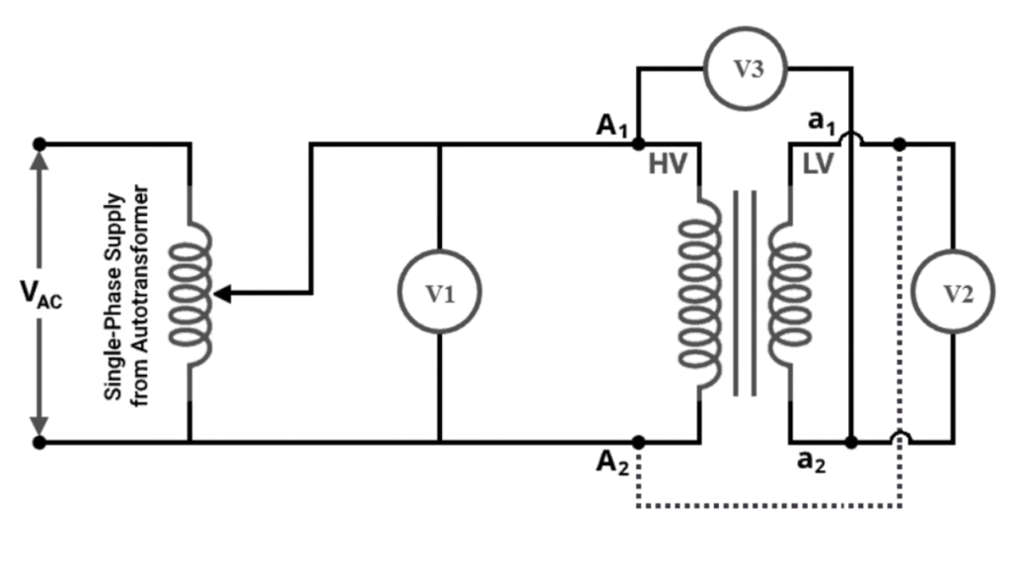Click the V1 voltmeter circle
(x=439, y=293)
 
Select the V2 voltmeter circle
(x=951, y=293)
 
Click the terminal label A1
(x=613, y=125)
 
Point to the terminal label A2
(x=613, y=462)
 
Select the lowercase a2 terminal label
(x=811, y=462)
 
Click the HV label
(x=667, y=166)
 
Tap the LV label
(x=818, y=166)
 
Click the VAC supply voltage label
(x=40, y=295)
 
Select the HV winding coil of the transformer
(x=698, y=293)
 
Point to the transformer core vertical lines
(x=745, y=293)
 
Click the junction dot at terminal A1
(x=639, y=144)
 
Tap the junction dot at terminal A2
(x=639, y=442)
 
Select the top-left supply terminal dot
(x=39, y=144)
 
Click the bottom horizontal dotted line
(x=769, y=506)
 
